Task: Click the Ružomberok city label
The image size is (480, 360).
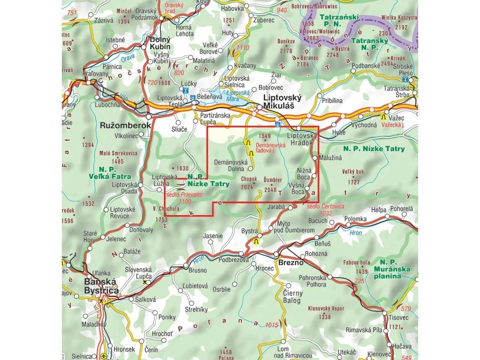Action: [126, 126]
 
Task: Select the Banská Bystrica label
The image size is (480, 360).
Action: [101, 286]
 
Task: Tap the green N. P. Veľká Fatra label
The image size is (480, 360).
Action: [107, 173]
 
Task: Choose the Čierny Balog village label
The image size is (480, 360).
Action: [293, 297]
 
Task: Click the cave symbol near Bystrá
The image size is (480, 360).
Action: [256, 242]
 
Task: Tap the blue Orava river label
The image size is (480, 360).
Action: [127, 59]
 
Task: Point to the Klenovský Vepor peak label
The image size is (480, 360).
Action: [326, 309]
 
